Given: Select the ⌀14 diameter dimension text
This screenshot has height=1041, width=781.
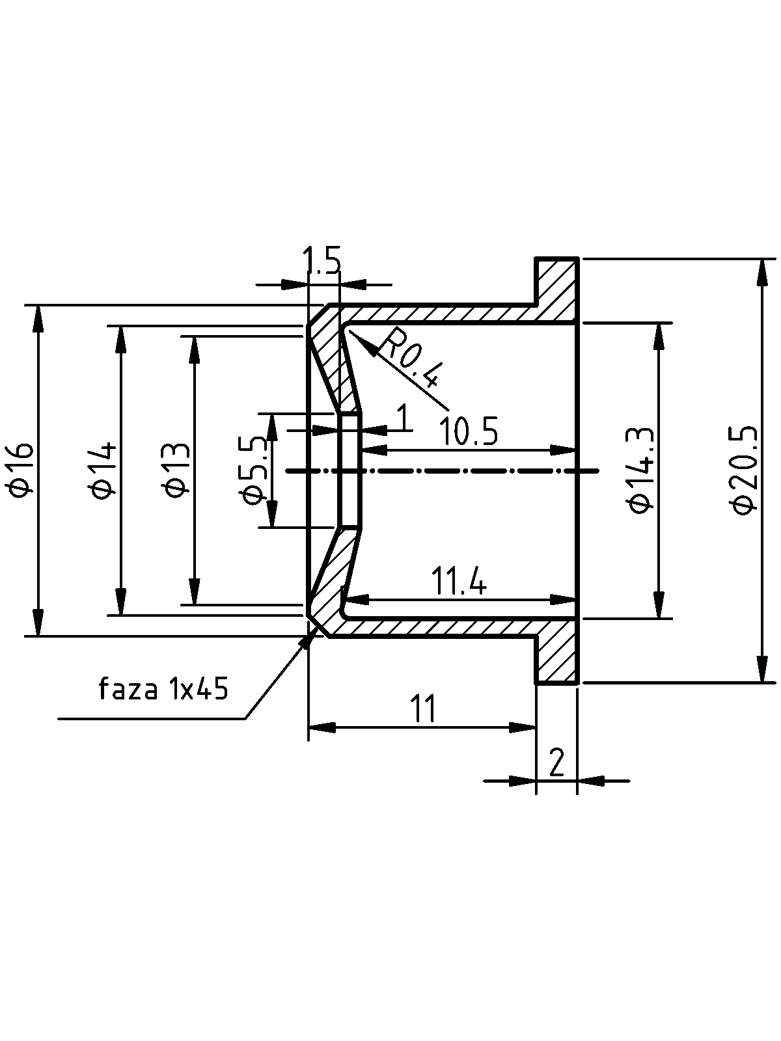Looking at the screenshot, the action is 104,470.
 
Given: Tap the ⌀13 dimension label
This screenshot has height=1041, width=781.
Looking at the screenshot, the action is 177,470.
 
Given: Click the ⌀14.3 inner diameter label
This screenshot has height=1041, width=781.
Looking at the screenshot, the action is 642,470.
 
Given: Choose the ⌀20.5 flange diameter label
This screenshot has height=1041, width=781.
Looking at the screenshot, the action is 746,470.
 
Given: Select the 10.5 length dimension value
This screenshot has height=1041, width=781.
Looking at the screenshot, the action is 469,431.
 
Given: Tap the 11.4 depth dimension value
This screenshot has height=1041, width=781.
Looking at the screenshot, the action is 459,581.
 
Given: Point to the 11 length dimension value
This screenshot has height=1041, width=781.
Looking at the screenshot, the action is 423,709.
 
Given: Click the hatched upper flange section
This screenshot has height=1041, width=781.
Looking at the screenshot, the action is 556,290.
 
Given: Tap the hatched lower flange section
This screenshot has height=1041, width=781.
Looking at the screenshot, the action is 556,651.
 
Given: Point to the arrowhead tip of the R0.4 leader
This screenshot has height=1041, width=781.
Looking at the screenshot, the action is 348,331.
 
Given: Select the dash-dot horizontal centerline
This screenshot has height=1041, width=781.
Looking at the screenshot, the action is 442,471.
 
